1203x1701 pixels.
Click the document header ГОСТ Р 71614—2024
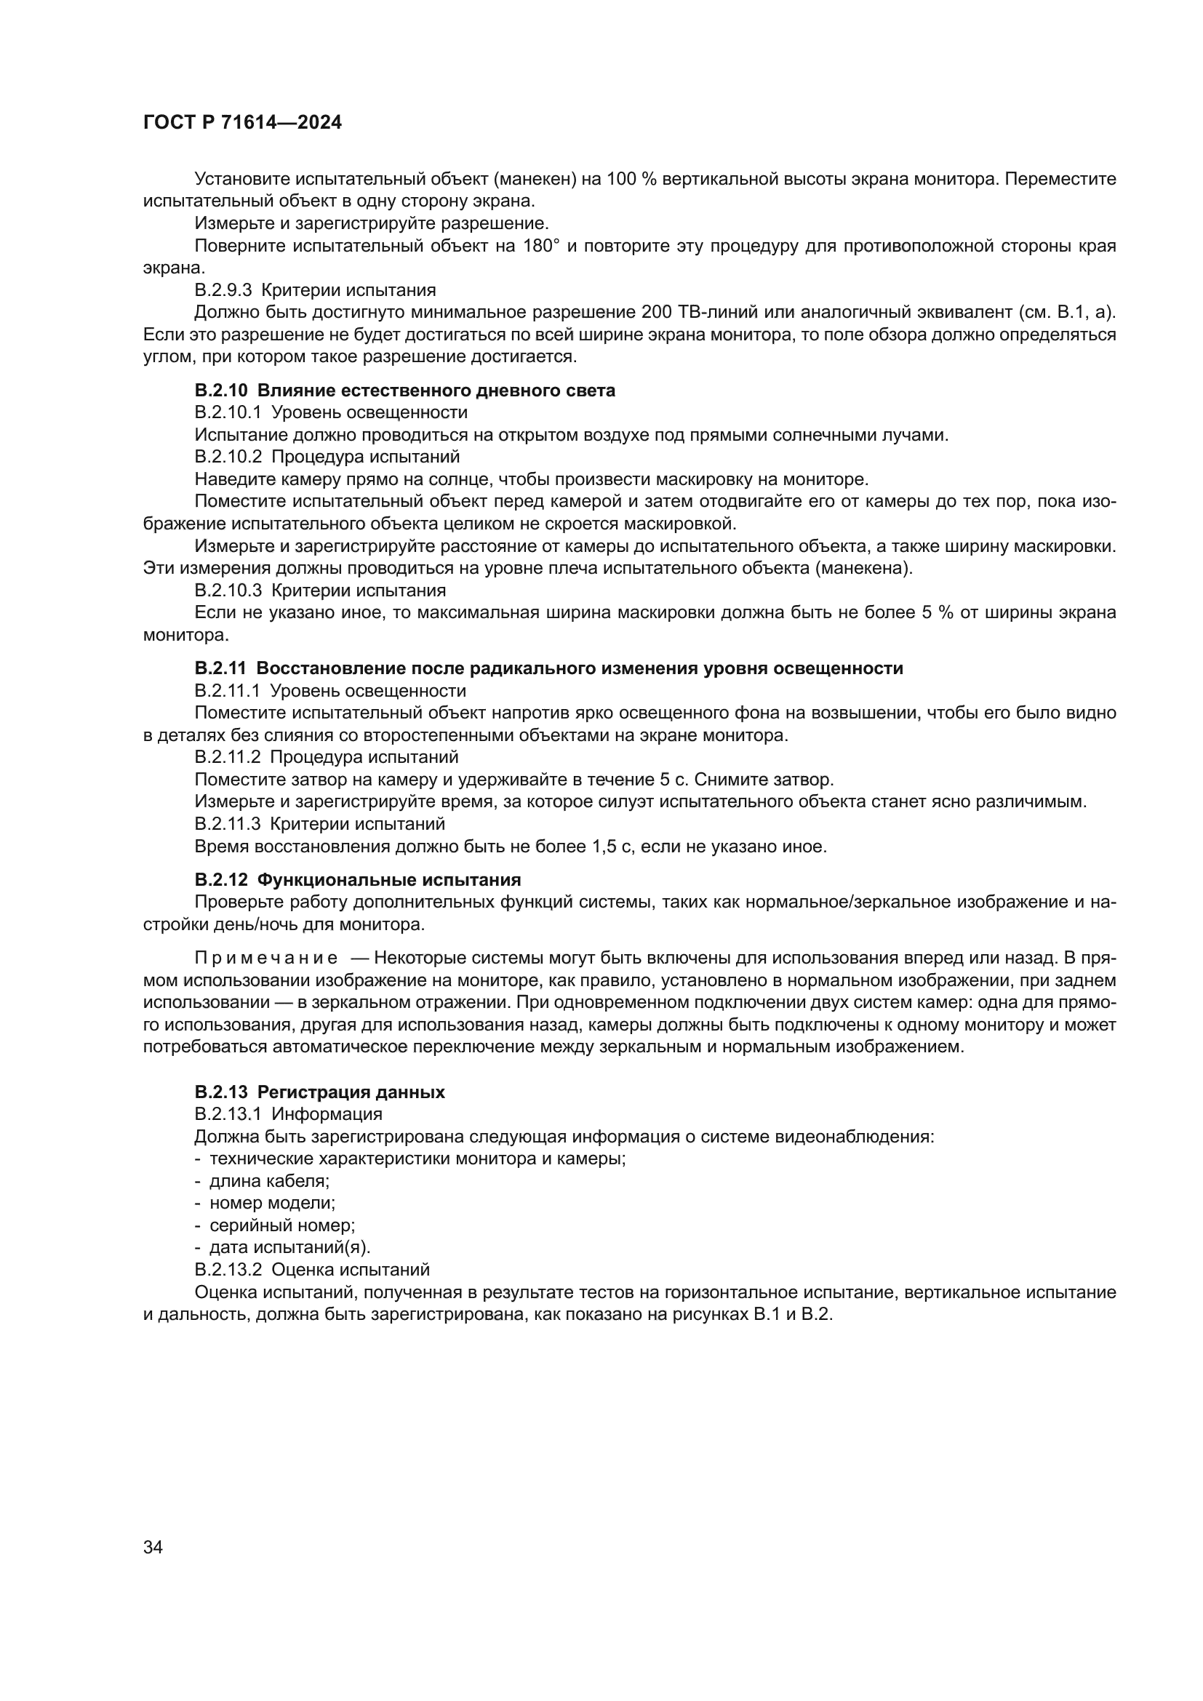point(242,123)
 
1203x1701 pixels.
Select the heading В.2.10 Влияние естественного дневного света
point(404,391)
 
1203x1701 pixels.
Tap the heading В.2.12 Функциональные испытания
point(358,879)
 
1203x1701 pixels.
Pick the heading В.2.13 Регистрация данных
point(319,1092)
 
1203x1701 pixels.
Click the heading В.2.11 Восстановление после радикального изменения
point(548,668)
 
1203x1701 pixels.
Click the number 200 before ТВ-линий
point(656,312)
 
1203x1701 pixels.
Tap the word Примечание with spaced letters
point(266,958)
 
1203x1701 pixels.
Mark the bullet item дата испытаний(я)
point(289,1248)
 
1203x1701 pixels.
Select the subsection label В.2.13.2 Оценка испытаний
point(312,1270)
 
